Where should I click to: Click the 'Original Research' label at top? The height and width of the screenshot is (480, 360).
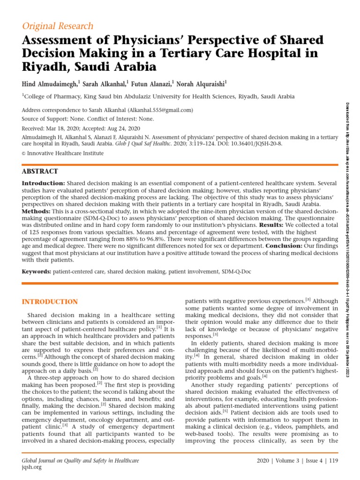click(x=58, y=26)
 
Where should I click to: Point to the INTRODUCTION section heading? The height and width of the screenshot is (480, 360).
click(x=51, y=301)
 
